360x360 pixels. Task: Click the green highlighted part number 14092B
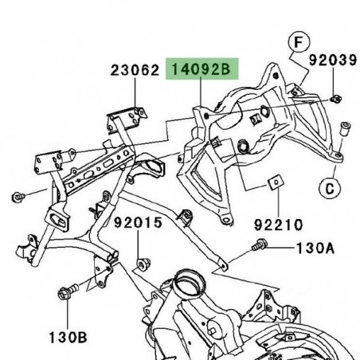200,71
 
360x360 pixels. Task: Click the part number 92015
143,224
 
